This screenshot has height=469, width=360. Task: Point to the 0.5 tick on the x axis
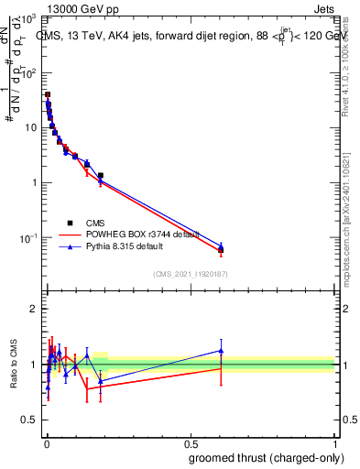[x=191, y=443]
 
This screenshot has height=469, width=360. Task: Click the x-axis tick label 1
[x=333, y=443]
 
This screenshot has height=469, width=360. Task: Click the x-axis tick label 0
[x=47, y=443]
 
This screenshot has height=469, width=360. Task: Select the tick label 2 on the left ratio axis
[x=34, y=310]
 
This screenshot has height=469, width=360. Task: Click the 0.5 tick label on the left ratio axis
[x=29, y=422]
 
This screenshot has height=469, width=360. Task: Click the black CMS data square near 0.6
[x=221, y=249]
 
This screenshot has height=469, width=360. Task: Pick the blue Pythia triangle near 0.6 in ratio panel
[x=221, y=350]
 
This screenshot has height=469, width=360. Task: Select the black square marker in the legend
[x=70, y=223]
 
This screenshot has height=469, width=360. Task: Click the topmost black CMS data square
[x=48, y=94]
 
